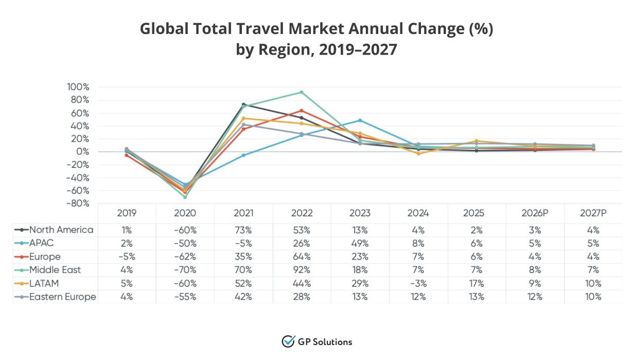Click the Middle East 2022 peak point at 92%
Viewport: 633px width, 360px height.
click(302, 92)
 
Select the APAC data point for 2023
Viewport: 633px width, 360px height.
click(360, 120)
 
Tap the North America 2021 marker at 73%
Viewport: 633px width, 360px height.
click(243, 105)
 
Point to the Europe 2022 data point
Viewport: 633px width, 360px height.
click(302, 110)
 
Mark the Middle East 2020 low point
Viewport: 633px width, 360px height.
click(185, 197)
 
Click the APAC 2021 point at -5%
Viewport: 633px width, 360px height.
click(243, 155)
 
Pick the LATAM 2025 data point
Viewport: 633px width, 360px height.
click(477, 141)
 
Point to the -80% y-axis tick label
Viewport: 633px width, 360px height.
click(77, 203)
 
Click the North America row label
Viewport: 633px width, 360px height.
click(61, 230)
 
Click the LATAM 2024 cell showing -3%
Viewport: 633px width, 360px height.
click(418, 283)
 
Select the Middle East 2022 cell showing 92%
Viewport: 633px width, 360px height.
click(302, 270)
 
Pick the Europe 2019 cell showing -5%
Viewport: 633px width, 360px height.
click(127, 256)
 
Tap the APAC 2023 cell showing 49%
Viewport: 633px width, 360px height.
click(360, 243)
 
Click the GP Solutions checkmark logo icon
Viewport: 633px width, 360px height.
click(288, 341)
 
